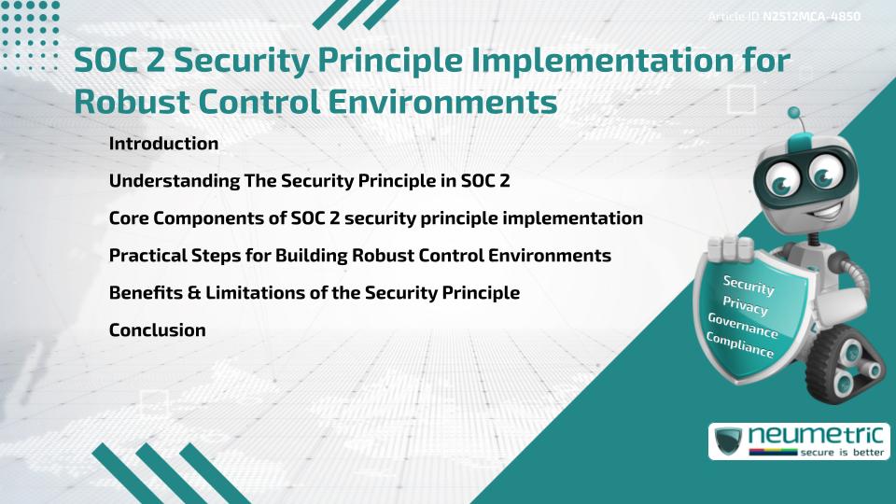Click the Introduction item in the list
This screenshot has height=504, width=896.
click(163, 144)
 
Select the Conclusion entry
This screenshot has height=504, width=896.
click(157, 329)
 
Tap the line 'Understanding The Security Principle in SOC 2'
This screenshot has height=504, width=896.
click(309, 181)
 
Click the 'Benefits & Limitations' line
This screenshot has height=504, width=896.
click(314, 292)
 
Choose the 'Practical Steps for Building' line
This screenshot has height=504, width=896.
click(359, 255)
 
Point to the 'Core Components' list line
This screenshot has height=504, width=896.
click(375, 218)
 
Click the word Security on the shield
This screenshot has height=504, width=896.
click(749, 284)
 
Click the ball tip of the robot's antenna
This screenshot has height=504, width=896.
click(794, 113)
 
